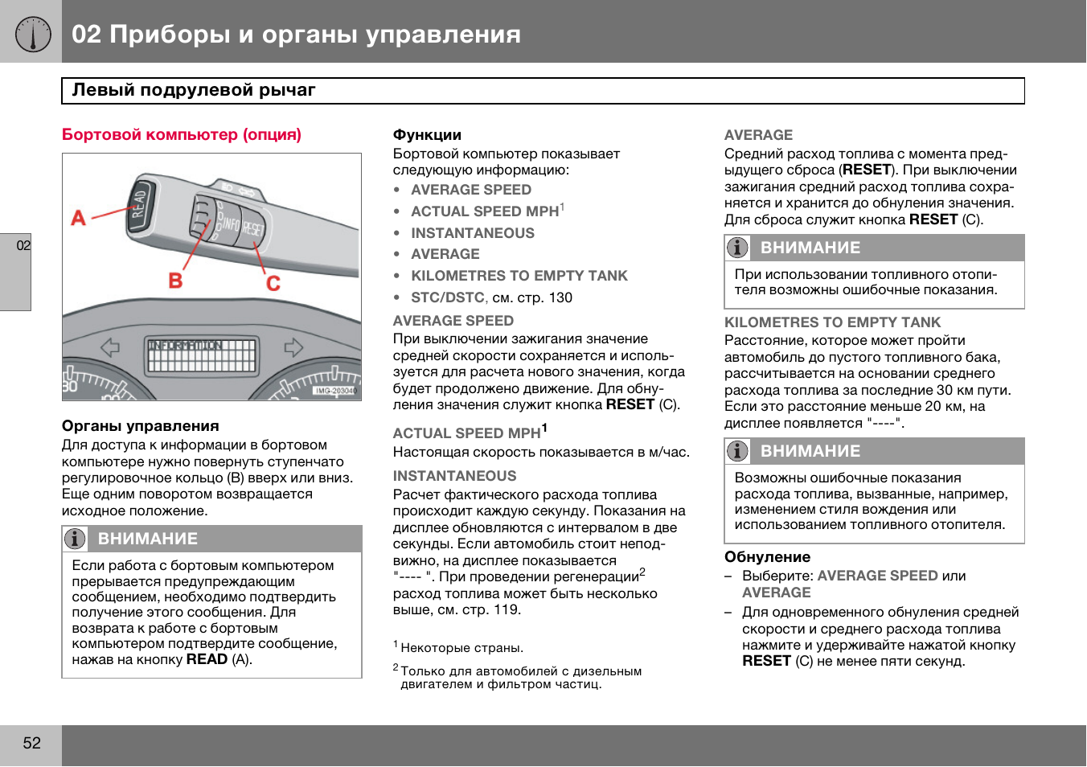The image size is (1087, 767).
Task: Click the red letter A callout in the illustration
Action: [x=78, y=217]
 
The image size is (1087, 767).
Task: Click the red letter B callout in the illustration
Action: [x=175, y=280]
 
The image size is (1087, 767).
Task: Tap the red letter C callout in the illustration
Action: [x=273, y=283]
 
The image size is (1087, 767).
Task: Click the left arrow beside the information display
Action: [x=110, y=347]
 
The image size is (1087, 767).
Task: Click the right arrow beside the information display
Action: [x=293, y=347]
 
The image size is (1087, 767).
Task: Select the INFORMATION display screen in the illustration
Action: [x=202, y=355]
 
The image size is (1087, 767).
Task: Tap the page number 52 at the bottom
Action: [x=31, y=743]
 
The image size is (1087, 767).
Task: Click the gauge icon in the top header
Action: [x=32, y=34]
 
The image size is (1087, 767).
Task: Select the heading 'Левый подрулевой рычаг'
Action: [x=194, y=90]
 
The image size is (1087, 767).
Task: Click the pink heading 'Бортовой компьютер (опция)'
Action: [x=182, y=134]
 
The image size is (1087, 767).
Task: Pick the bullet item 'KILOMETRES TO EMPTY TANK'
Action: [x=519, y=276]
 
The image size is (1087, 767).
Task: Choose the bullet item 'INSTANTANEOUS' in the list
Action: [x=473, y=233]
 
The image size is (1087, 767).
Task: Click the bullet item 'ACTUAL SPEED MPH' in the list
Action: [x=485, y=211]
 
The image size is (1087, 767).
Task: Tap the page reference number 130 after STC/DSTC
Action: [x=560, y=297]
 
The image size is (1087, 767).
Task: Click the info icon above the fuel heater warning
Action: [x=737, y=248]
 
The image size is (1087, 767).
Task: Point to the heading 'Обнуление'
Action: [x=767, y=557]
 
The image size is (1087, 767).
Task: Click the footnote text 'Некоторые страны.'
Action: [x=461, y=648]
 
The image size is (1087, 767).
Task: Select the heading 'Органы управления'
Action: [x=141, y=426]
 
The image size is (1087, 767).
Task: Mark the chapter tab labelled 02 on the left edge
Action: [x=23, y=246]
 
